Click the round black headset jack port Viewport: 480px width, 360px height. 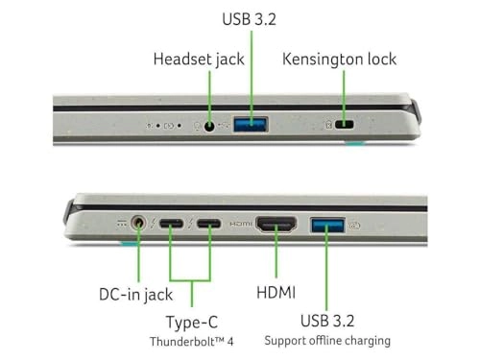[x=209, y=125]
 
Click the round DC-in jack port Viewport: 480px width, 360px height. [x=142, y=225]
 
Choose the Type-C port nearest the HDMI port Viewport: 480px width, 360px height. [x=210, y=226]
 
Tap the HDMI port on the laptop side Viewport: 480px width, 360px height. [x=277, y=227]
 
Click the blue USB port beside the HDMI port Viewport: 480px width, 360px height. [x=326, y=227]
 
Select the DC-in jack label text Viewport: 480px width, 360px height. [x=135, y=295]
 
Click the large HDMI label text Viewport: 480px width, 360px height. [x=276, y=291]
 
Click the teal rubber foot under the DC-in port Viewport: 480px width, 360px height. [x=128, y=243]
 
